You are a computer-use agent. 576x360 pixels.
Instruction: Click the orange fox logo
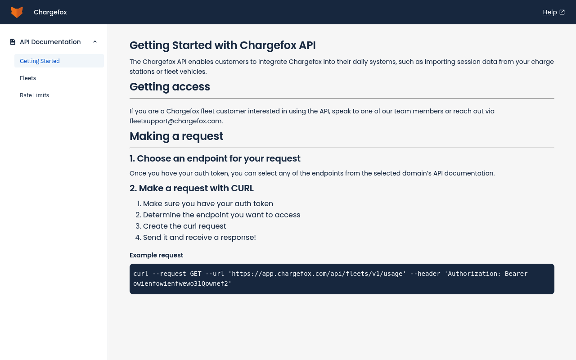tap(17, 12)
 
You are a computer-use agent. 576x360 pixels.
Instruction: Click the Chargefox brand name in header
tap(50, 12)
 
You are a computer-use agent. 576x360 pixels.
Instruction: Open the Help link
tap(550, 12)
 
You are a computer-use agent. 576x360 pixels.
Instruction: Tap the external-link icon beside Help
tap(562, 12)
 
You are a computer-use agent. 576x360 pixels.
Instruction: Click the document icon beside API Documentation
tap(13, 42)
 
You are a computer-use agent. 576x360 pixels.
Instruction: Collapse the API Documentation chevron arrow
tap(95, 42)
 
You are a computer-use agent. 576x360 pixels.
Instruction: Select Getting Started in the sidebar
tap(40, 61)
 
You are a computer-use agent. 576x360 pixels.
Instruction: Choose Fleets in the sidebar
tap(28, 78)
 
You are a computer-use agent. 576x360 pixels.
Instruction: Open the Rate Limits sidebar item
tap(34, 95)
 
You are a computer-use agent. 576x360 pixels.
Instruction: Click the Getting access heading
tap(170, 87)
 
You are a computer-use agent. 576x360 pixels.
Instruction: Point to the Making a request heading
tap(176, 136)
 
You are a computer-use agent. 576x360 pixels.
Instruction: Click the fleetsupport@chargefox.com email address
tap(175, 121)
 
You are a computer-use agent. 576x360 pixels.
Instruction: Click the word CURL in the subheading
tap(242, 188)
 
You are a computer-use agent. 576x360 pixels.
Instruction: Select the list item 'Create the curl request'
tap(184, 226)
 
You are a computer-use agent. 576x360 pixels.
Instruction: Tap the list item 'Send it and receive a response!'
tap(199, 237)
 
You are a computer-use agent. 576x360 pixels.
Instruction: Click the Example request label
tap(156, 255)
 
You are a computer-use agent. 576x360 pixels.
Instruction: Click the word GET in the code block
tap(196, 274)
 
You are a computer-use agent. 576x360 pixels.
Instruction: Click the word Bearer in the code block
tap(516, 274)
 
